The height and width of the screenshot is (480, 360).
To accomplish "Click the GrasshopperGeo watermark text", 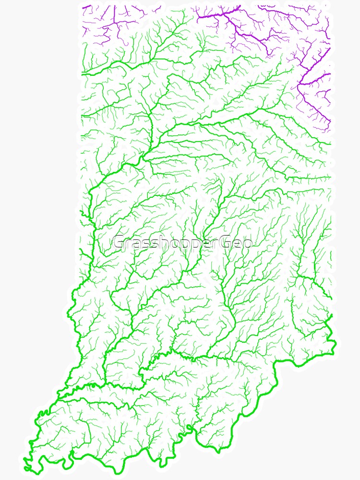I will click(182, 243).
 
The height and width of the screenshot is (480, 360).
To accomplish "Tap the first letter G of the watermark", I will click(119, 243).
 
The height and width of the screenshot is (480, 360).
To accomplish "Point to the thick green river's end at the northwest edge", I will click(83, 73).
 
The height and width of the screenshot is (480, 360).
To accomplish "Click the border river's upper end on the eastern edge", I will click(331, 315).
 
